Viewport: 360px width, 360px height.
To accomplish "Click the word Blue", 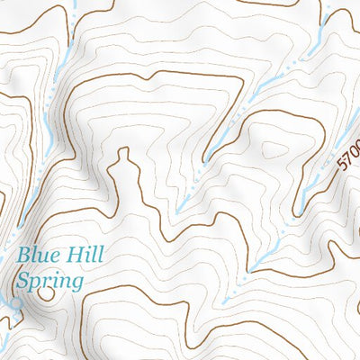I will [x=39, y=255].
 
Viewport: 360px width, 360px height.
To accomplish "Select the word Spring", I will [x=49, y=282].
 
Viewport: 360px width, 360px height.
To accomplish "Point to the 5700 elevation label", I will [x=349, y=155].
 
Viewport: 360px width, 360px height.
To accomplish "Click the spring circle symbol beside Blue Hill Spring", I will [x=15, y=303].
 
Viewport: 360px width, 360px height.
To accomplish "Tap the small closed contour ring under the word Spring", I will [x=47, y=293].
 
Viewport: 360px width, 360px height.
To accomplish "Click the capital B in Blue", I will [x=24, y=255].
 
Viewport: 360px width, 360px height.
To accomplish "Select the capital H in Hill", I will [x=71, y=255].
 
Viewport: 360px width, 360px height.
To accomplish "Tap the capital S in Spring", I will [x=22, y=281].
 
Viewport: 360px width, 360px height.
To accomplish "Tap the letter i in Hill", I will [x=84, y=255].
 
